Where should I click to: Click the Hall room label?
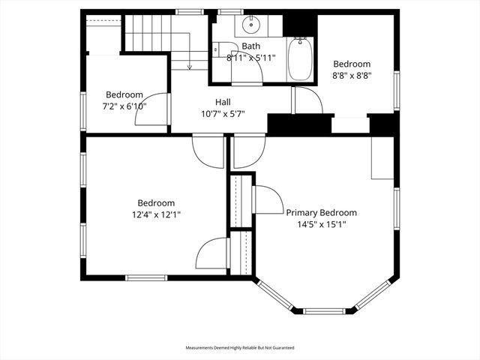[x=223, y=102]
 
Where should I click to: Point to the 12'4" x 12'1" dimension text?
[x=156, y=214]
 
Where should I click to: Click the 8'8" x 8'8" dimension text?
[x=352, y=76]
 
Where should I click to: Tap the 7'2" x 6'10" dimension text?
[x=124, y=106]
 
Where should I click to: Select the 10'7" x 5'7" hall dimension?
[x=223, y=114]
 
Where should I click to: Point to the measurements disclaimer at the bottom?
[x=240, y=348]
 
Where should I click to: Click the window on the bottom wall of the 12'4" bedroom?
[x=145, y=277]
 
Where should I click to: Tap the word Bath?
[x=250, y=46]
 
